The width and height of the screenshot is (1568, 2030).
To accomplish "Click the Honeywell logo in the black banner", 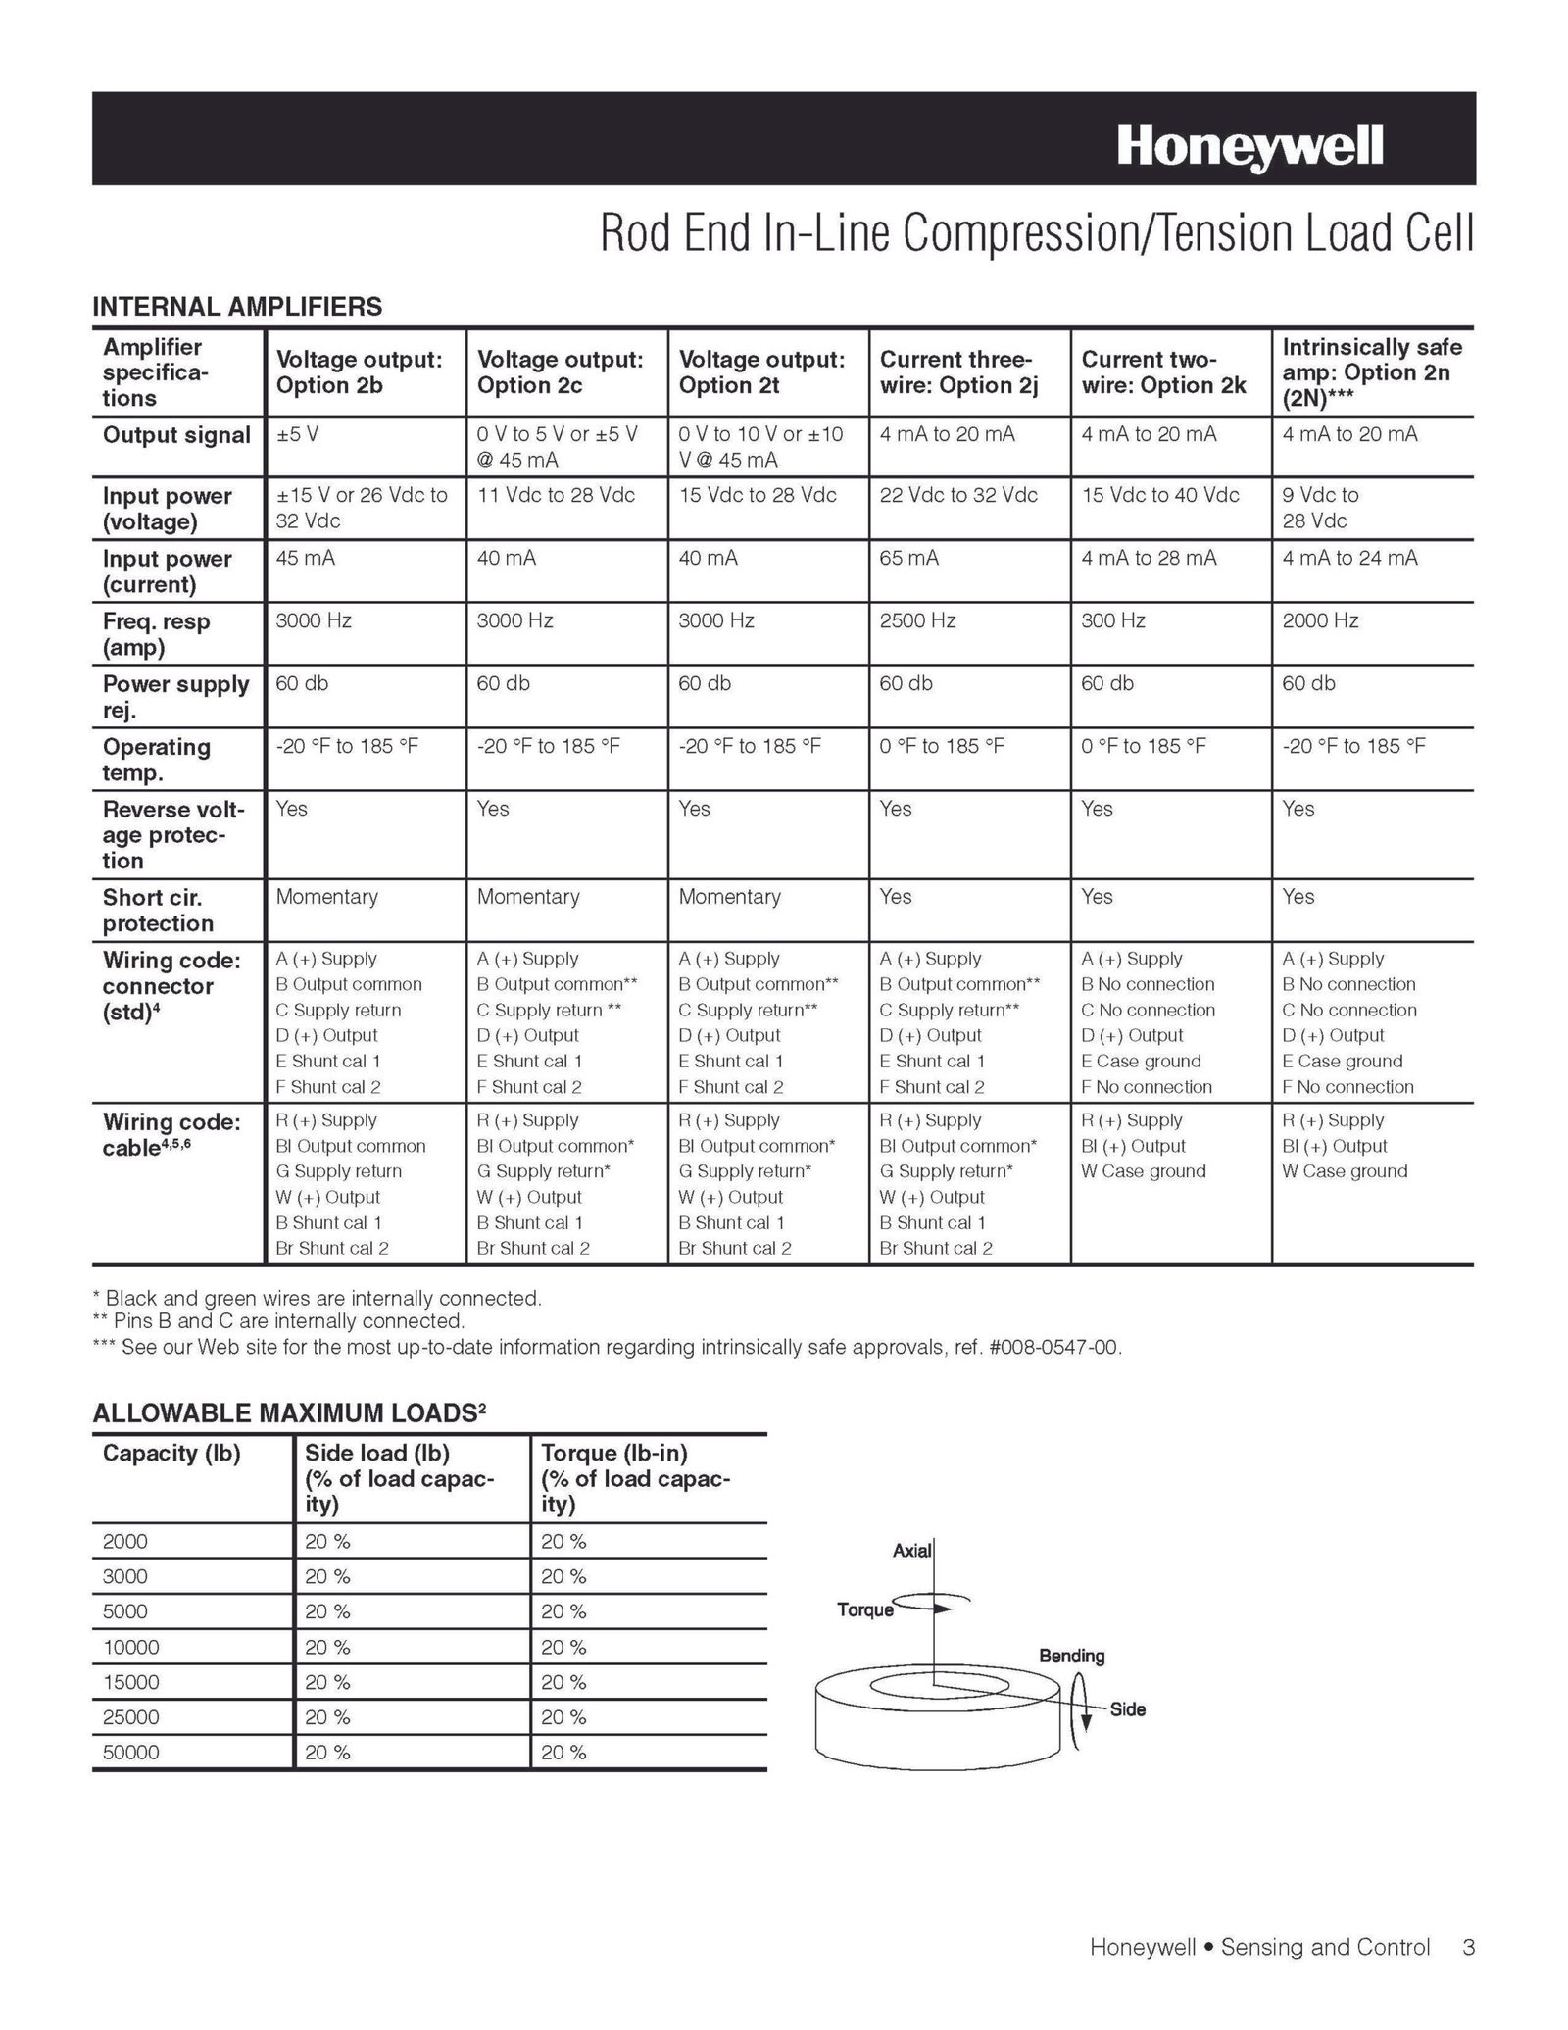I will coord(1249,147).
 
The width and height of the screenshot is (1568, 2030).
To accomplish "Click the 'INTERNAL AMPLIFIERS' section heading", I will coord(237,307).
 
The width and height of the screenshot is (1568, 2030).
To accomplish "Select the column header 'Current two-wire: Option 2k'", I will coord(1163,372).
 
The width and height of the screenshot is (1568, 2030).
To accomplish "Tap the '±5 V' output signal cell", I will coord(297,434).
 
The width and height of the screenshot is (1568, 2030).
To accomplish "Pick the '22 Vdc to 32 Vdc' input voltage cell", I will coord(957,495).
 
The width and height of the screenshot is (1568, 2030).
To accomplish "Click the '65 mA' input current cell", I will coord(908,558).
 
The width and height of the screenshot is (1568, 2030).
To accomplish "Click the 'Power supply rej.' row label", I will coord(175,696).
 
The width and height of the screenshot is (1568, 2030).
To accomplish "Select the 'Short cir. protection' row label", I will coord(158,910).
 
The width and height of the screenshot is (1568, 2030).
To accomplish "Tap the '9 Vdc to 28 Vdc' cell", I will coord(1320,508).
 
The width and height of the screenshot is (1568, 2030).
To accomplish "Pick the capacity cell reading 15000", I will coord(130,1682).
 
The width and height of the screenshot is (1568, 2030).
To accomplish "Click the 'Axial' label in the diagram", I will coord(910,1551).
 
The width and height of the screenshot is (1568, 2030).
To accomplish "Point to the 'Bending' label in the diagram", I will coord(1071,1656).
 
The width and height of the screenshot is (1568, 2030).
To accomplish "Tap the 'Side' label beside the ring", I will coord(1127,1709).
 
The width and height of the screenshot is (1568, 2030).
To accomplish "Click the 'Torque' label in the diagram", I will coord(864,1609).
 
